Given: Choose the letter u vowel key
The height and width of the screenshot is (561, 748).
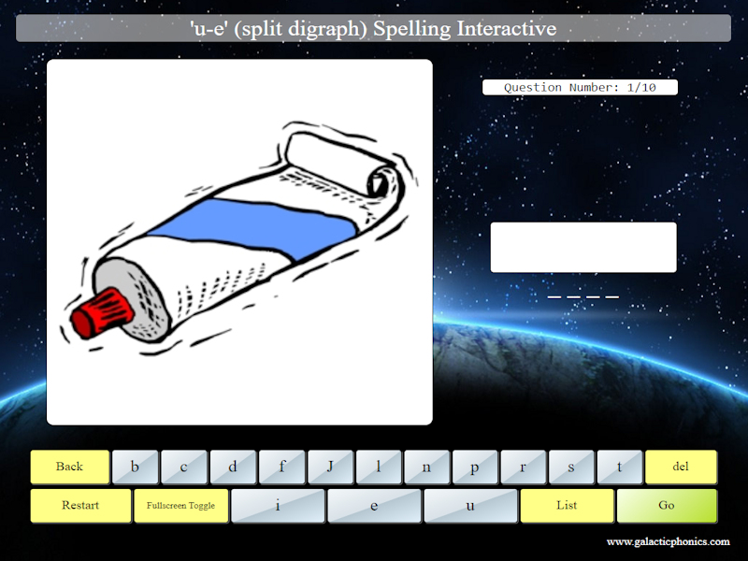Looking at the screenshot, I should pyautogui.click(x=470, y=506).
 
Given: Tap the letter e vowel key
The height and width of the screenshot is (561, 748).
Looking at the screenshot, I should pyautogui.click(x=374, y=506).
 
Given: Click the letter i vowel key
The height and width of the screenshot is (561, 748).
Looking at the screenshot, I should pyautogui.click(x=278, y=506).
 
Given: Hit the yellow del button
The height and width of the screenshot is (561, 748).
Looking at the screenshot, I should pyautogui.click(x=681, y=467).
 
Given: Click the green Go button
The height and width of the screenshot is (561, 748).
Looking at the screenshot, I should pyautogui.click(x=667, y=506).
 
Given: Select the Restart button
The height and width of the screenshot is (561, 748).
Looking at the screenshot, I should pyautogui.click(x=80, y=506).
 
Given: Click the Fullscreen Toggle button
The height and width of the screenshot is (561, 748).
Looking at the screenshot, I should pyautogui.click(x=180, y=506).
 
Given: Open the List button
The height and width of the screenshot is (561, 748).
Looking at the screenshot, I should pyautogui.click(x=567, y=506).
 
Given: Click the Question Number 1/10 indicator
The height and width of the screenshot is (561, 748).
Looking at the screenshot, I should pyautogui.click(x=580, y=88).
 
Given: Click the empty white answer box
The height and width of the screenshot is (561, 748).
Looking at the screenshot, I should pyautogui.click(x=583, y=247).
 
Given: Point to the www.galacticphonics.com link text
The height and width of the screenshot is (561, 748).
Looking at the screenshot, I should pyautogui.click(x=668, y=542).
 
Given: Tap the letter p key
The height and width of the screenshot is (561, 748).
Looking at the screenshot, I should pyautogui.click(x=475, y=467).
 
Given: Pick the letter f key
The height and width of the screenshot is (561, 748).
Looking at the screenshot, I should pyautogui.click(x=281, y=467).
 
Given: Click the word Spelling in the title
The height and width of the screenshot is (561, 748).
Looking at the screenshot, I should pyautogui.click(x=412, y=28).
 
